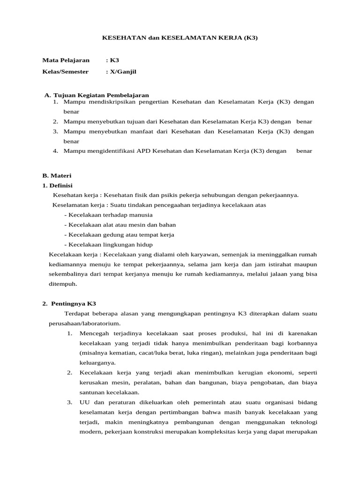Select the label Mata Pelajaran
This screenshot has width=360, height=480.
tap(66, 60)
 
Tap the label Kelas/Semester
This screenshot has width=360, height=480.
tap(66, 72)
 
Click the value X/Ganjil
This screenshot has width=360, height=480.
tap(123, 72)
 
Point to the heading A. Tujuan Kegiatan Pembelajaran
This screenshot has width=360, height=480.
tap(97, 95)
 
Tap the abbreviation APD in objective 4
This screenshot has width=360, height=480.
tap(144, 151)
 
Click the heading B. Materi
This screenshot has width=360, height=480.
tap(57, 175)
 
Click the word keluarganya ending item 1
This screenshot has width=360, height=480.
tap(97, 362)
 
